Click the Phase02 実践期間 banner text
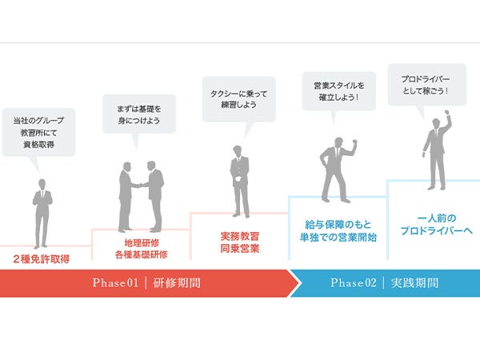384,283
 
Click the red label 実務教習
239,237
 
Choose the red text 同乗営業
239,250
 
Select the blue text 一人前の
434,217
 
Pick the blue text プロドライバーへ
434,230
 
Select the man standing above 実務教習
239,180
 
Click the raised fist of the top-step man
448,118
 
